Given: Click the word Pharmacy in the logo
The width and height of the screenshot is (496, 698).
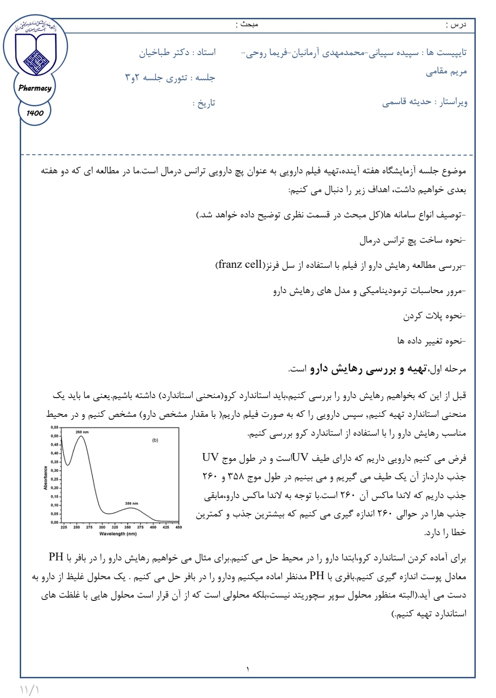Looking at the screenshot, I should [35, 88].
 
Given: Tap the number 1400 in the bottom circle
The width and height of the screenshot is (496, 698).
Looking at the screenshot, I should [35, 113].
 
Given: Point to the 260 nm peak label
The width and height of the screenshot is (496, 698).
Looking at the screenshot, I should [82, 432].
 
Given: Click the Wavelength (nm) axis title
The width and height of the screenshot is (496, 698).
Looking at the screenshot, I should [118, 534].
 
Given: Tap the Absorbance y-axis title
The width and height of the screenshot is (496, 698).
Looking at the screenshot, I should [45, 478].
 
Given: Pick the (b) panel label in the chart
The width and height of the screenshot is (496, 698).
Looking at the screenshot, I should [155, 440].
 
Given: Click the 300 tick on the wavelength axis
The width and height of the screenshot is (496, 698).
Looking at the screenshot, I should [102, 527].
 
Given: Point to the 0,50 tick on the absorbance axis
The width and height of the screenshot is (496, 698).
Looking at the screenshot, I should [55, 436].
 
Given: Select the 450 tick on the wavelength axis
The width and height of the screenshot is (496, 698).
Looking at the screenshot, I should [179, 527].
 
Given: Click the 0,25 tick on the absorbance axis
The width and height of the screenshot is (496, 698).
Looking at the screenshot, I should [55, 479].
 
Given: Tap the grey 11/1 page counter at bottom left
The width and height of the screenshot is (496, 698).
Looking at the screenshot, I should [29, 689].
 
